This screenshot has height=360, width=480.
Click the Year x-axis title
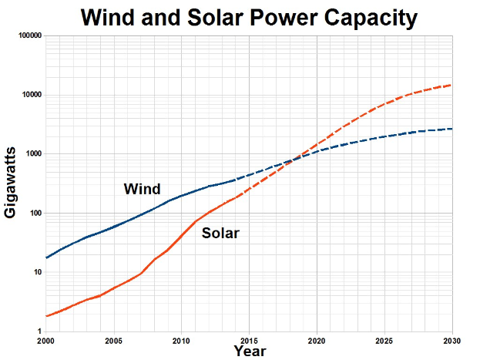250,352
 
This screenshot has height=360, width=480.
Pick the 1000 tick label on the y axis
32,154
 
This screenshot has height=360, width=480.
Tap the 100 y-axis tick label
35,214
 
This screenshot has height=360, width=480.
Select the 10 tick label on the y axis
37,273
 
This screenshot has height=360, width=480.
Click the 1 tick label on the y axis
39,331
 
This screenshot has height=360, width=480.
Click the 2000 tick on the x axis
46,340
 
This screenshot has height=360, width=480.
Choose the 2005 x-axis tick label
113,340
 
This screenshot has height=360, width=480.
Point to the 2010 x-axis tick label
181,340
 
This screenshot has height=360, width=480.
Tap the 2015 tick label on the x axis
249,340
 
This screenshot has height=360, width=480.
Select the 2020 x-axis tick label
317,340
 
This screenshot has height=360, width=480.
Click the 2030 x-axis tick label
451,340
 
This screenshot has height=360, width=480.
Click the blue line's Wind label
142,189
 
